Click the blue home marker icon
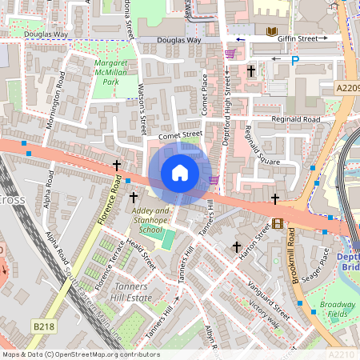pyautogui.click(x=180, y=174)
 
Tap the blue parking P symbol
pyautogui.click(x=295, y=59)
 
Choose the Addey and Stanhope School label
pyautogui.click(x=150, y=220)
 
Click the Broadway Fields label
pyautogui.click(x=338, y=310)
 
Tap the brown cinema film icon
pyautogui.click(x=278, y=224)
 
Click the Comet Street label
pyautogui.click(x=179, y=136)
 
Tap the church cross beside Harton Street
pyautogui.click(x=237, y=248)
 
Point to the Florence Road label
pyautogui.click(x=113, y=201)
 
